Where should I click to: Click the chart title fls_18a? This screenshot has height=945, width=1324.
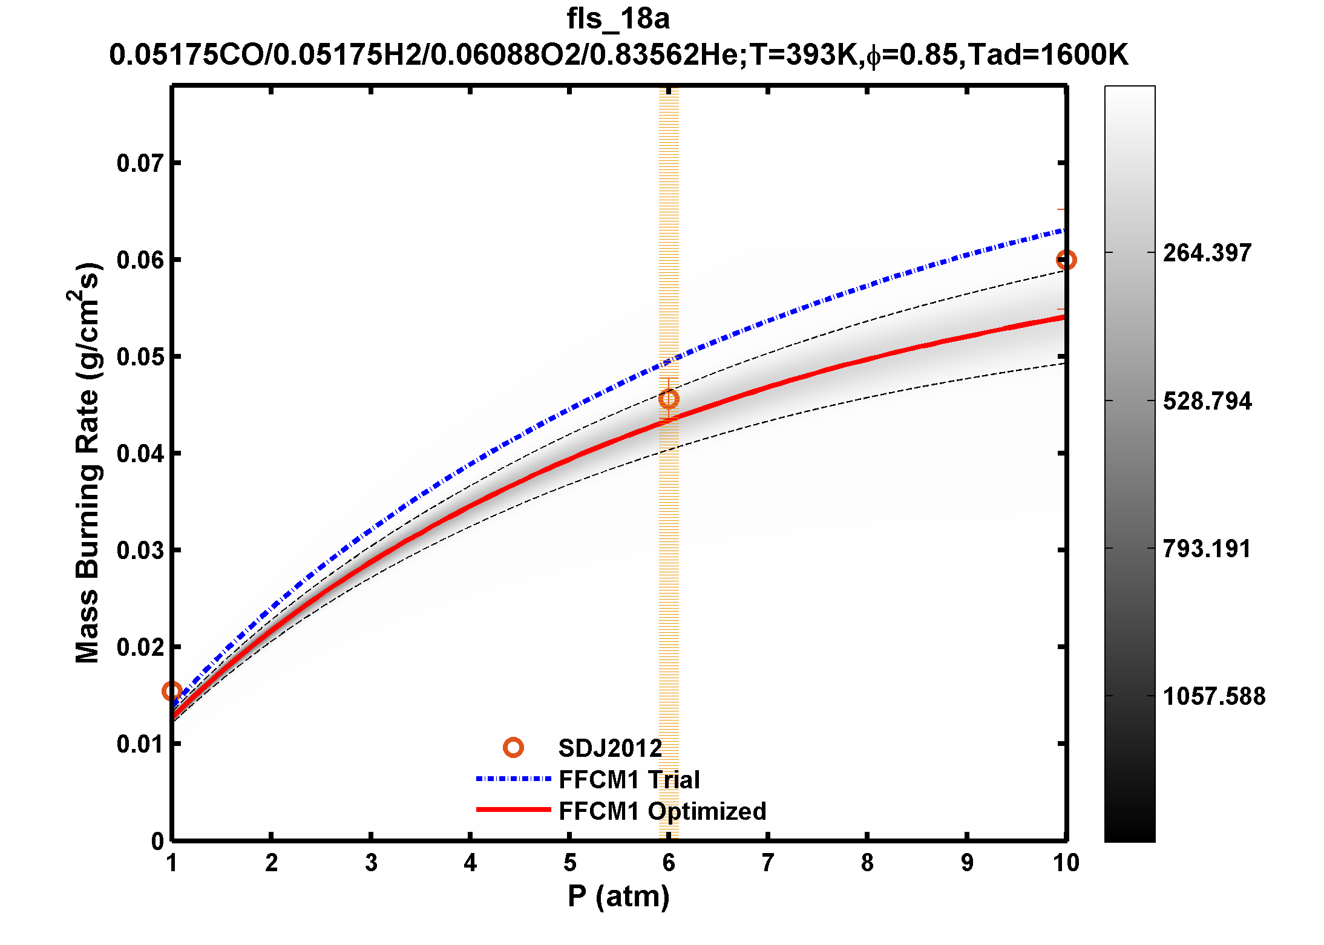[618, 19]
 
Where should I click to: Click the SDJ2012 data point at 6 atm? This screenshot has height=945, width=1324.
[669, 399]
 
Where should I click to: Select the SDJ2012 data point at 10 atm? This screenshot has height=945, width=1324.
[1066, 260]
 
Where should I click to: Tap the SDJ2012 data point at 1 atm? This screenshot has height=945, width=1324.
[172, 691]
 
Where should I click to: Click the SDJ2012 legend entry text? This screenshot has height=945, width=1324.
[610, 748]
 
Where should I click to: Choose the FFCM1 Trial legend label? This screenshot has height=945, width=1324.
[629, 780]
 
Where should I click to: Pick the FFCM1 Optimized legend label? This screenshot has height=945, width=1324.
[663, 811]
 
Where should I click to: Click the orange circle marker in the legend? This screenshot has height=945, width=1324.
[513, 748]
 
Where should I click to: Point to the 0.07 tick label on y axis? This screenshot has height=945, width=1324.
[140, 163]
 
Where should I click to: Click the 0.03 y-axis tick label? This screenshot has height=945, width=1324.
[140, 551]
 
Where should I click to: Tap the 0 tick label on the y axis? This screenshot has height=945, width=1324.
[157, 841]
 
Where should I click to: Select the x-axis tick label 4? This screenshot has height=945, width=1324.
[470, 863]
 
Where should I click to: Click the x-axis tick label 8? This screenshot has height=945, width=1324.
[867, 863]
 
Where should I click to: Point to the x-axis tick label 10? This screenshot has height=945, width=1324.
[1066, 863]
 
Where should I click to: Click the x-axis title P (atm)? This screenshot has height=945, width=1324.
[618, 896]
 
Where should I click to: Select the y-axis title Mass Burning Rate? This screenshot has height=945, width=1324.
[87, 463]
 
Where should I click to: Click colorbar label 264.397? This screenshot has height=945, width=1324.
[1207, 253]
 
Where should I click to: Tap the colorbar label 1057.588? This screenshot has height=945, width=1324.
[1214, 696]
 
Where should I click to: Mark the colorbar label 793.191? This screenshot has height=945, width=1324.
[1207, 549]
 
